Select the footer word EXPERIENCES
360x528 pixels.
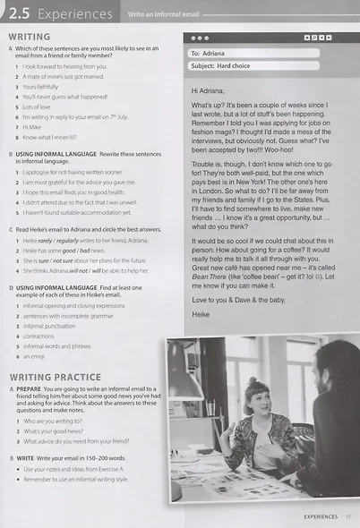point(320,516)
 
